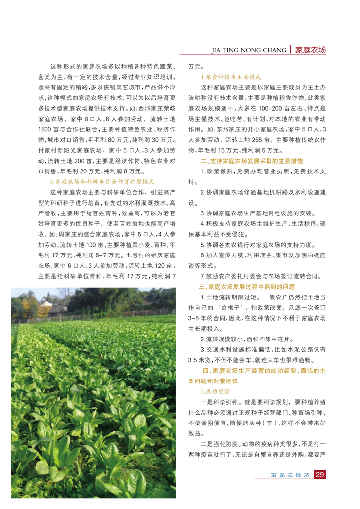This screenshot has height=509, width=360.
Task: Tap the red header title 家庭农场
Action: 310,50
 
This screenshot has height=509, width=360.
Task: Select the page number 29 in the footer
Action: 319,475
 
